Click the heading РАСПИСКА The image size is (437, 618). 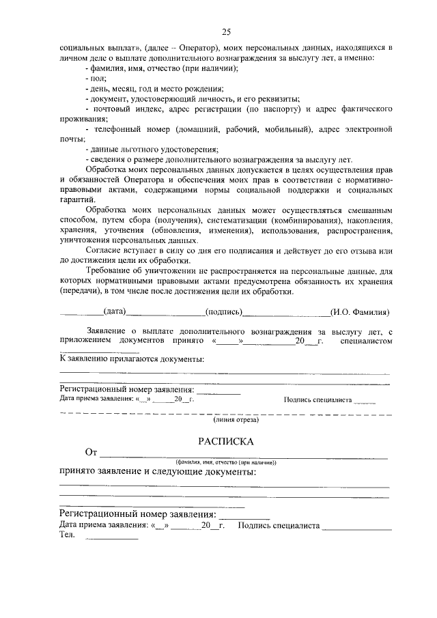(225, 441)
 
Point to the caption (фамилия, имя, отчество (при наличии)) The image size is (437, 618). (225, 462)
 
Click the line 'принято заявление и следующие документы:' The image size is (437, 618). (158, 472)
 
